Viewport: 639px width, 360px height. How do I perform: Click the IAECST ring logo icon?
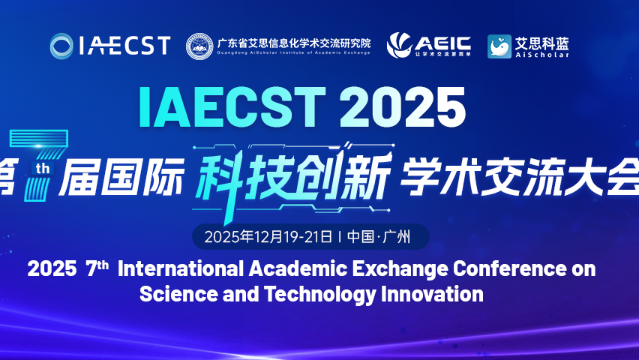point(61,46)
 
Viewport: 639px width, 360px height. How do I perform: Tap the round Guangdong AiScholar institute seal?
point(199,46)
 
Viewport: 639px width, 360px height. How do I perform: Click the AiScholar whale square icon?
point(499,46)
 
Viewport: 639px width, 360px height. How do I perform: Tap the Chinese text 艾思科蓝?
point(541,42)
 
